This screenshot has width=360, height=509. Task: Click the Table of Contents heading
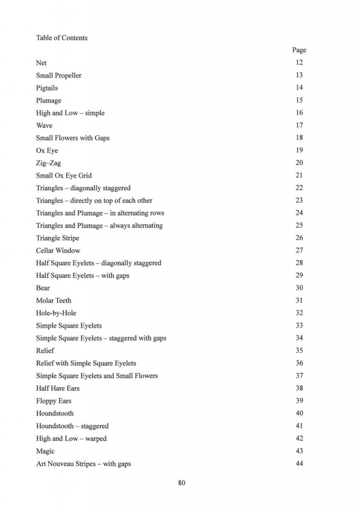point(62,38)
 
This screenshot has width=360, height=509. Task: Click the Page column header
point(299,50)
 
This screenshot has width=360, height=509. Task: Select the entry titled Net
point(41,63)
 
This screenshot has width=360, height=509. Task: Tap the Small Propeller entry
point(59,76)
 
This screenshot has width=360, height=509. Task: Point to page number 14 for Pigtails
point(299,88)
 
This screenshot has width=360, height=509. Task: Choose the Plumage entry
point(49,100)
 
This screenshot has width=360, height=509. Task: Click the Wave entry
point(44,125)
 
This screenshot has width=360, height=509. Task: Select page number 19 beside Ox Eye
point(299,150)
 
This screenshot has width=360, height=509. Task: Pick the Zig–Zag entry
point(49,163)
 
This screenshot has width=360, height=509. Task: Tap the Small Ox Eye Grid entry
point(64,175)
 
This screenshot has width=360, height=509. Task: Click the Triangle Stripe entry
point(57,238)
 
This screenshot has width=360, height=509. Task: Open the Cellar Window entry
point(58,251)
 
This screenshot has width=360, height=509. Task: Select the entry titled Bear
point(43,288)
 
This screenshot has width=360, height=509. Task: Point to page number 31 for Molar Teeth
point(299,300)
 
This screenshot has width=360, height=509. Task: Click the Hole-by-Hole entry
point(56,313)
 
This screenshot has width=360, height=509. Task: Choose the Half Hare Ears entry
point(58,388)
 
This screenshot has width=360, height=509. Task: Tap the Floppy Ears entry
point(54,401)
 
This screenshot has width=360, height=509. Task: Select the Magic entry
point(45,451)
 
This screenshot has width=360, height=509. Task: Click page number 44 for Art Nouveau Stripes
point(299,464)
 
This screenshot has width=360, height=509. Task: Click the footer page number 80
point(181,483)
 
